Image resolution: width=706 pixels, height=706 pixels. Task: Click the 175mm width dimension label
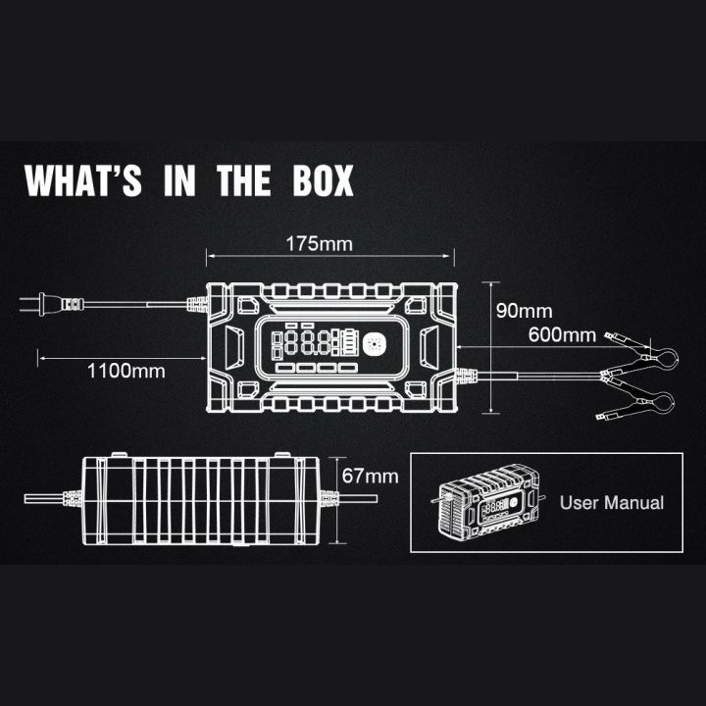[x=319, y=242]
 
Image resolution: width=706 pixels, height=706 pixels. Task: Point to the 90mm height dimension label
[x=525, y=312]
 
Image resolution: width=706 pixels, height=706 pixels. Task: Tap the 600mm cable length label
[x=562, y=334]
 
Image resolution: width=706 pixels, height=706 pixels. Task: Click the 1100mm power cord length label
[x=126, y=371]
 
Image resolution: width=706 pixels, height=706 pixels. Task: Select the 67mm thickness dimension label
[x=370, y=476]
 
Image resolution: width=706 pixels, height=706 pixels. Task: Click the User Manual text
[x=612, y=503]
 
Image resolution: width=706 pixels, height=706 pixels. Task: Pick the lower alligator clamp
[x=643, y=404]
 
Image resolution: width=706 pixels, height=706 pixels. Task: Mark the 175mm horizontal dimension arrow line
[x=329, y=258]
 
